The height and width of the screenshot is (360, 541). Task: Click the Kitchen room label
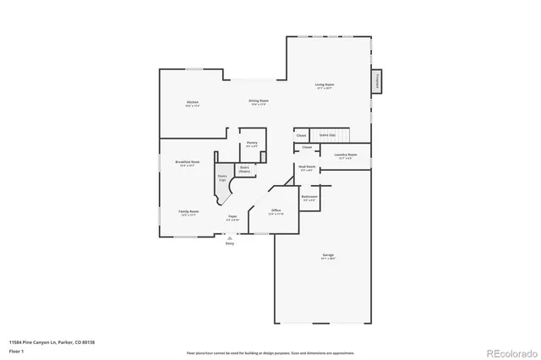192,103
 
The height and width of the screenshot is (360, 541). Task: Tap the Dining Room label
259,101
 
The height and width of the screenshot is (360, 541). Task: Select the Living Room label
325,85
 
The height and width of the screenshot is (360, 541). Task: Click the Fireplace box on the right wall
376,81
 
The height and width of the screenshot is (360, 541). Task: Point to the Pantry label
252,144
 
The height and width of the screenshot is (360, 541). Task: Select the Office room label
276,211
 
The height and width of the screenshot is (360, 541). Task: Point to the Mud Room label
305,167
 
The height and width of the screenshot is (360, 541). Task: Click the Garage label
327,256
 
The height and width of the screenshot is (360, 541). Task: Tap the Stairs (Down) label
244,169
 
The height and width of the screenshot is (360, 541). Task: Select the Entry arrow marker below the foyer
229,238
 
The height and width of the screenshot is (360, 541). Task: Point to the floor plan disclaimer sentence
270,352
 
